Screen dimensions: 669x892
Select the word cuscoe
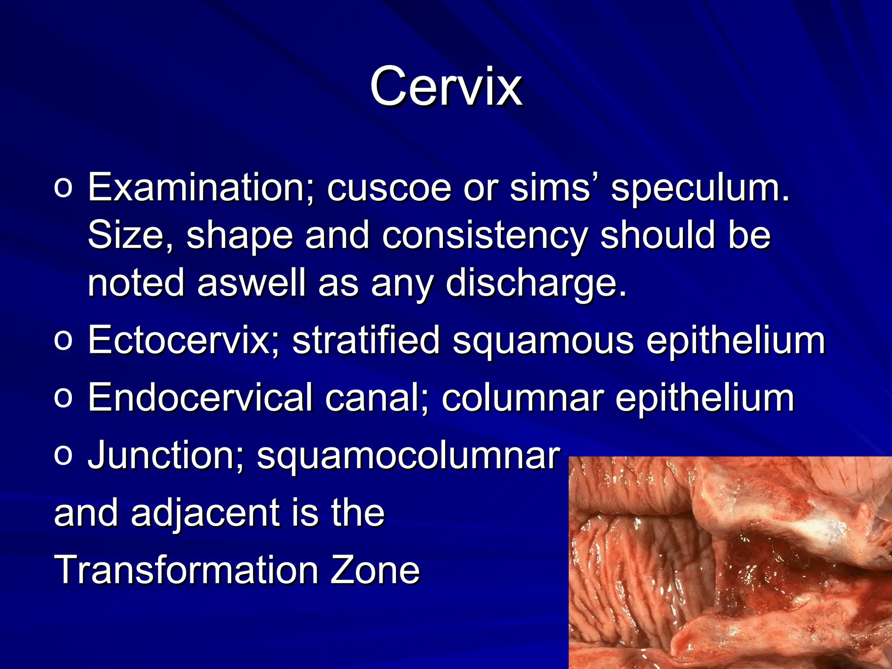[x=389, y=187]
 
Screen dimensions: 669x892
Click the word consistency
[x=485, y=235]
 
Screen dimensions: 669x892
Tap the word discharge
[x=536, y=283]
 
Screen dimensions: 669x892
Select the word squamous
[x=543, y=341]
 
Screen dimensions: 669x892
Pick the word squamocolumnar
[x=408, y=455]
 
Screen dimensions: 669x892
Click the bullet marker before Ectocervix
[x=63, y=341]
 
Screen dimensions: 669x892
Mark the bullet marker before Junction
[x=63, y=456]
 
